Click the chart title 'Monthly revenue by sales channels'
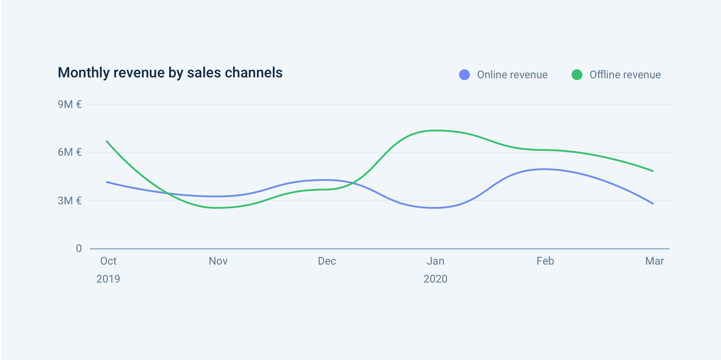tap(170, 73)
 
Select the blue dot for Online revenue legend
tap(464, 75)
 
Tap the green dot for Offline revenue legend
tap(577, 75)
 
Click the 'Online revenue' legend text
tap(512, 75)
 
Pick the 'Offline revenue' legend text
tap(625, 75)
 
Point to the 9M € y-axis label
tap(70, 104)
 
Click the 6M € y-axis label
tap(70, 152)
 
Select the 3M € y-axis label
tap(70, 201)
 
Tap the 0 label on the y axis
tap(79, 248)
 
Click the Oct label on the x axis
tap(108, 261)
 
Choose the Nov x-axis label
tap(218, 261)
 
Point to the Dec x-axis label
tap(327, 261)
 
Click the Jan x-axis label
tap(436, 261)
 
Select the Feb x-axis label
tap(545, 261)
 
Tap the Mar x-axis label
tap(654, 261)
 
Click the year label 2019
tap(108, 279)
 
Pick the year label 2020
tap(436, 279)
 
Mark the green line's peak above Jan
tap(435, 130)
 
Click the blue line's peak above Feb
tap(545, 169)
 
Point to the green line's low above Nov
tap(218, 208)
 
